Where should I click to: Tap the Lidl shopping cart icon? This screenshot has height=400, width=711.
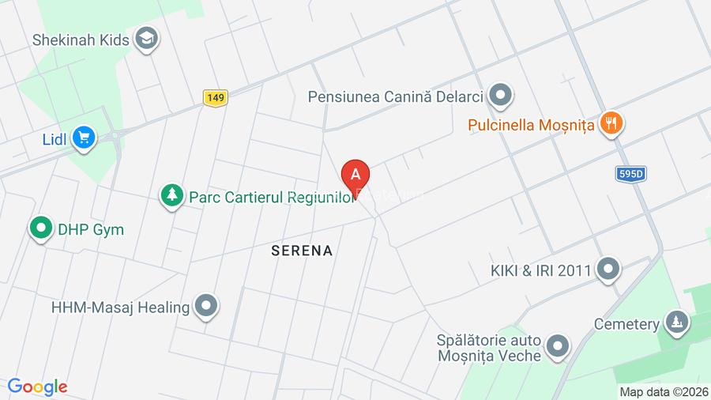pyautogui.click(x=83, y=138)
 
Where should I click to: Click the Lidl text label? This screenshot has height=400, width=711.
pyautogui.click(x=55, y=140)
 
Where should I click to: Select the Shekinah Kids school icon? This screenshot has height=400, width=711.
pyautogui.click(x=146, y=38)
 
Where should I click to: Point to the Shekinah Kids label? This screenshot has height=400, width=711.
pyautogui.click(x=81, y=40)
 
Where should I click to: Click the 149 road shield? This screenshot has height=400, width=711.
pyautogui.click(x=215, y=97)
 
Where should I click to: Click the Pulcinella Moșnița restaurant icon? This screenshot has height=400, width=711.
pyautogui.click(x=610, y=123)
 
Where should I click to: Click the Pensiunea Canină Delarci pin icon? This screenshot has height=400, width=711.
pyautogui.click(x=499, y=96)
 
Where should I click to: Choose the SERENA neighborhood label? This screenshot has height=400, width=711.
pyautogui.click(x=302, y=251)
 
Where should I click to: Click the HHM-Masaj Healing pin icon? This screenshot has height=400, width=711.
pyautogui.click(x=206, y=306)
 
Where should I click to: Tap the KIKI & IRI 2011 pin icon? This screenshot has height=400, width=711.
pyautogui.click(x=608, y=270)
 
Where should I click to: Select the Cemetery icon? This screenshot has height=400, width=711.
pyautogui.click(x=676, y=323)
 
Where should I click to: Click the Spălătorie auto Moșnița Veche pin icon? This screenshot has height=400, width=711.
pyautogui.click(x=558, y=346)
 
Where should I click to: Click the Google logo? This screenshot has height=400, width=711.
pyautogui.click(x=37, y=387)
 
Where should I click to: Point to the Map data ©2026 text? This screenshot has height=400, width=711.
pyautogui.click(x=662, y=391)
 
